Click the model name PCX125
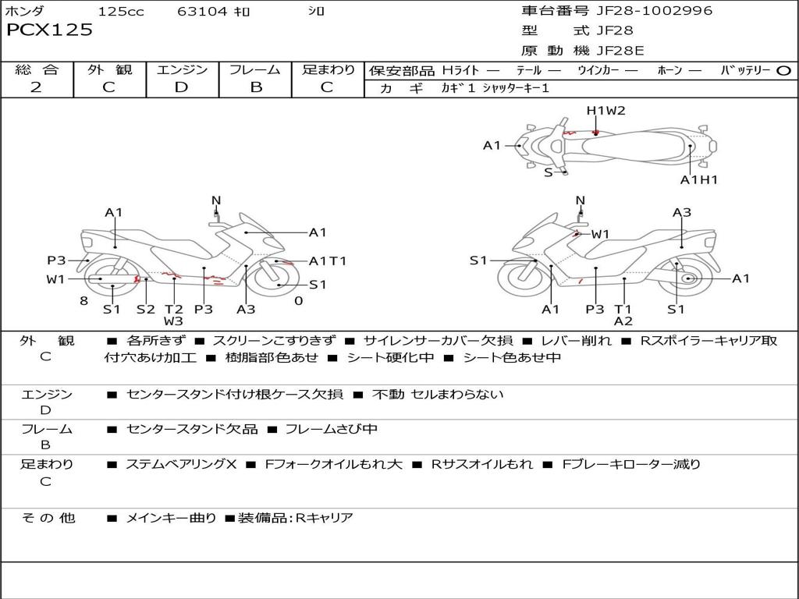point(49,30)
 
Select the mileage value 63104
point(202,11)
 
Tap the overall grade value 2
point(36,87)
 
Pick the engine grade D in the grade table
point(182,87)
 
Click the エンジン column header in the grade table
point(182,69)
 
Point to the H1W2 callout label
point(605,111)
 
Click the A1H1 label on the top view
point(698,180)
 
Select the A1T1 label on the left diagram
point(328,261)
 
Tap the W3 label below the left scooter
point(173,321)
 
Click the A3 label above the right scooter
point(682,212)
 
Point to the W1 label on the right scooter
point(600,234)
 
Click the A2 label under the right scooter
point(623,321)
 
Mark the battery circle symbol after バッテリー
point(784,70)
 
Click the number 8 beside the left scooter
point(83,301)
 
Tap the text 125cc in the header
point(121,11)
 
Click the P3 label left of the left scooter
point(56,261)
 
